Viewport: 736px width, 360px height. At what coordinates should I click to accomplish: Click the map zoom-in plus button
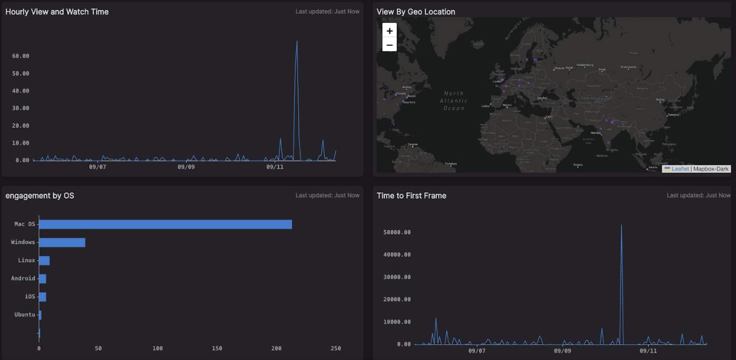[389, 31]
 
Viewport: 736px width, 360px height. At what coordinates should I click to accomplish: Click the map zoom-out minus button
[389, 45]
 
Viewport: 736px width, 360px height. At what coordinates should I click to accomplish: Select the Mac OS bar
[165, 224]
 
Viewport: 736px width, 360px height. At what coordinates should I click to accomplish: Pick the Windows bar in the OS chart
[62, 242]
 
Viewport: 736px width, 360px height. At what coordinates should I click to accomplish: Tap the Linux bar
[45, 261]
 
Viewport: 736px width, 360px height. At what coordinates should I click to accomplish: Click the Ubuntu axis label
[25, 314]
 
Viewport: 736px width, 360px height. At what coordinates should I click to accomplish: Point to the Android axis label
[23, 278]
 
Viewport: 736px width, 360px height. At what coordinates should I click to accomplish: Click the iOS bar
[42, 297]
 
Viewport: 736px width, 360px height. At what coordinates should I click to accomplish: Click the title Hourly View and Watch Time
[57, 12]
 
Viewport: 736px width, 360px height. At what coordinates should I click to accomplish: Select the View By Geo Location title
[416, 12]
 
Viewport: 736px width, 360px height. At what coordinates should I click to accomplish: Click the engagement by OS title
[40, 196]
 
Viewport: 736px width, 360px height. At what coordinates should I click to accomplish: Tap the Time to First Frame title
[412, 196]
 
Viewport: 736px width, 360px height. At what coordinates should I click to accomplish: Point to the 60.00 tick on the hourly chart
[20, 56]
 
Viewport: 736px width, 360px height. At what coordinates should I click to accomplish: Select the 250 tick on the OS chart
[336, 349]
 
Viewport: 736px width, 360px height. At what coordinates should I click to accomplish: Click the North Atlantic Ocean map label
[454, 100]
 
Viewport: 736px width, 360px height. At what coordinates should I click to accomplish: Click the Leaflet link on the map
[680, 169]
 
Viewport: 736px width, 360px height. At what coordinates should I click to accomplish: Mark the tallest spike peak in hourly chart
[297, 41]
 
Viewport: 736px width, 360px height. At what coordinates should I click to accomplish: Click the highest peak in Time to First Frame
[621, 225]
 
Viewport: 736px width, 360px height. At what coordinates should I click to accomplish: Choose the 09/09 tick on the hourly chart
[186, 167]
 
